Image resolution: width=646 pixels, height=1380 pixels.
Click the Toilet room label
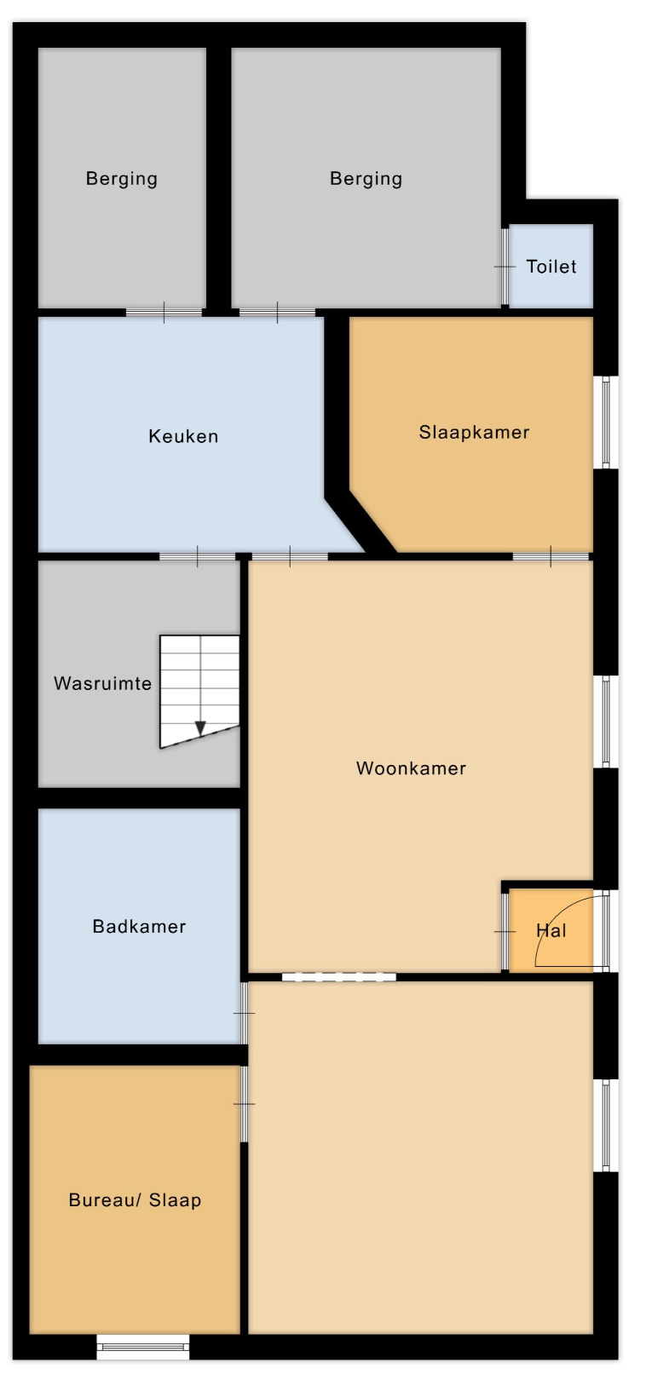[x=551, y=266]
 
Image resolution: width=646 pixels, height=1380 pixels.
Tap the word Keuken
[x=183, y=436]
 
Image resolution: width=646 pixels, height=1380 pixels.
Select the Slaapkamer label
[x=474, y=432]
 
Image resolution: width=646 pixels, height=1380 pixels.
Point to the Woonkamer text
[x=411, y=768]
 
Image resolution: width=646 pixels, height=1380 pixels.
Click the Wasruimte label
[x=102, y=682]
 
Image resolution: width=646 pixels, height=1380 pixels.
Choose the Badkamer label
[x=139, y=926]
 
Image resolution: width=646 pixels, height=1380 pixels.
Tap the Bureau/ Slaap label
[x=135, y=1199]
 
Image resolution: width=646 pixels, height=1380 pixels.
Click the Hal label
[x=551, y=930]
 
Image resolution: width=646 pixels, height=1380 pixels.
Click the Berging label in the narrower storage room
[x=121, y=179]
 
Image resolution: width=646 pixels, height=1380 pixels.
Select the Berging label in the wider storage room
[x=366, y=179]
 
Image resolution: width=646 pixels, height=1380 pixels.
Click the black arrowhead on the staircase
[x=200, y=728]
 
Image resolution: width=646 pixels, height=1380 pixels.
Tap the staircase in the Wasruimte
[x=199, y=691]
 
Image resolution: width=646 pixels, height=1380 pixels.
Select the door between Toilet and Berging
[x=505, y=267]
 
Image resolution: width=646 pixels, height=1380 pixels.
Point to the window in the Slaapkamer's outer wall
[x=606, y=423]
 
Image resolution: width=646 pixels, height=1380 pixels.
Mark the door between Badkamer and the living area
[x=244, y=1013]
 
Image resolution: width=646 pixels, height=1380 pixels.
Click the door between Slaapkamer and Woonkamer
[x=551, y=556]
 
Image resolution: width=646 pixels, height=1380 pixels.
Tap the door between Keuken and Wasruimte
[x=197, y=556]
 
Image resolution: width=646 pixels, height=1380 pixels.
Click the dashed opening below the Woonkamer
[x=339, y=976]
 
